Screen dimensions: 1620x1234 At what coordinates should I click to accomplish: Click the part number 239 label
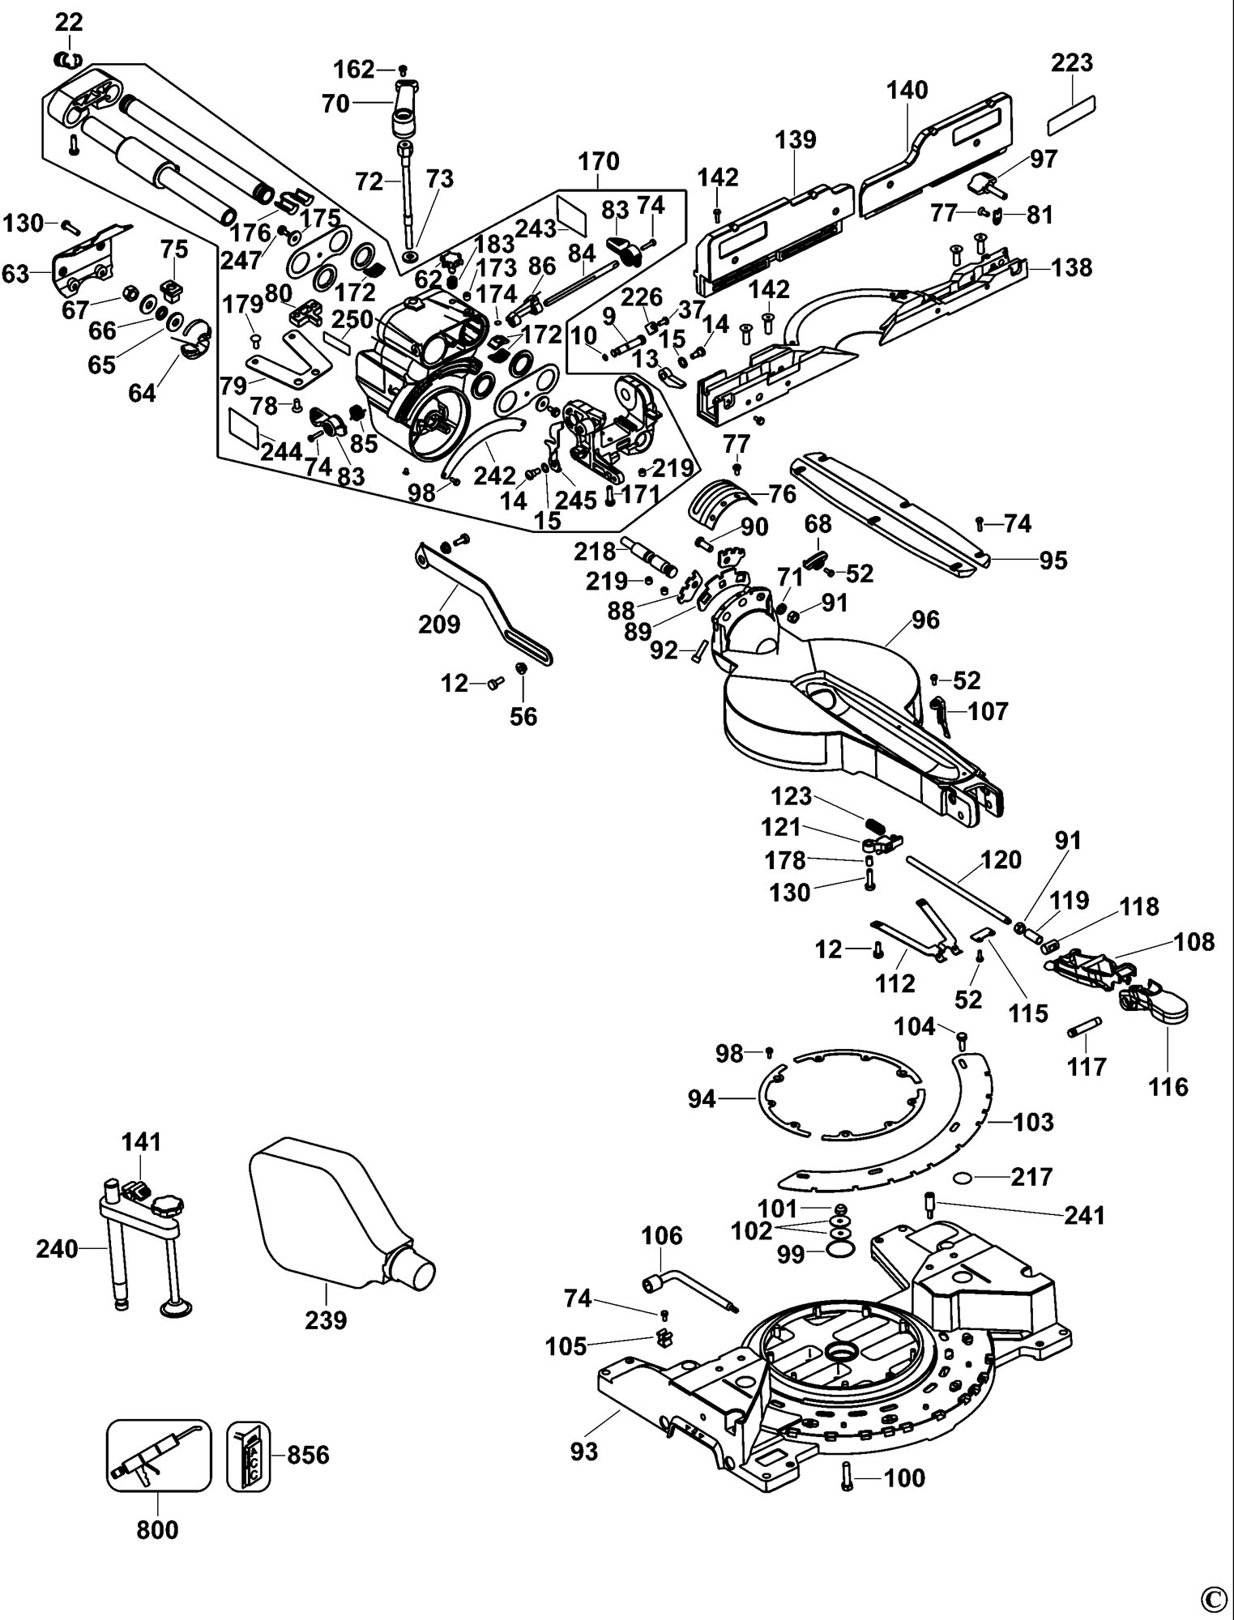coord(326,1320)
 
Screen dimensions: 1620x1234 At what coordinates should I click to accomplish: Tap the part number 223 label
coord(1072,63)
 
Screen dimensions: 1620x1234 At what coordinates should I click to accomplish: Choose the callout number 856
coord(308,1455)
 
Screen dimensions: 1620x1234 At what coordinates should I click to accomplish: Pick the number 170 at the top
coord(599,162)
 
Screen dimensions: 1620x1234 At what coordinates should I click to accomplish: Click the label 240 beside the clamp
coord(57,1249)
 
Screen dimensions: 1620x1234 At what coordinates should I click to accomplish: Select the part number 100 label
coord(903,1478)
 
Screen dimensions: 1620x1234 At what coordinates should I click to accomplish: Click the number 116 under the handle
coord(1168,1086)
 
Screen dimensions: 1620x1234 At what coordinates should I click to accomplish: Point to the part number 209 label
coord(439,624)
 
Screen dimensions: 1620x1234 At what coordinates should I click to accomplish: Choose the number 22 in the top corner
coord(69,23)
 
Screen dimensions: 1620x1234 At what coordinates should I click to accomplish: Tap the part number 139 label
coord(796,139)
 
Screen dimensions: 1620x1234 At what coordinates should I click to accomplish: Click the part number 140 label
coord(907,90)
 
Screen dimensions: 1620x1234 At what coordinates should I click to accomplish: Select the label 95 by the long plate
coord(1053,560)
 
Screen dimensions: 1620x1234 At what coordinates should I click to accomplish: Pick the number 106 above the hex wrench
coord(662,1236)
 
